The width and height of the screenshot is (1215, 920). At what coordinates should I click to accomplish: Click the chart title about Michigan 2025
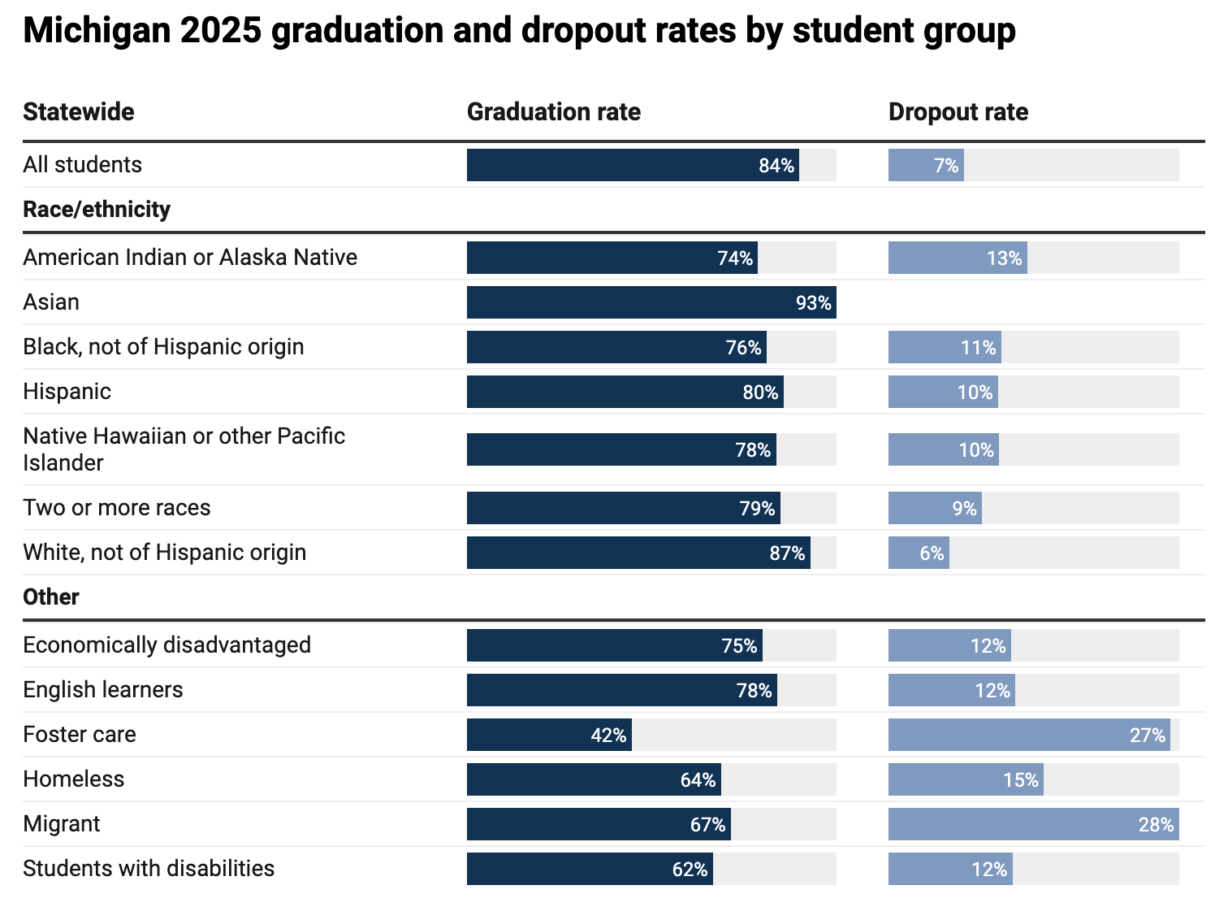(x=519, y=31)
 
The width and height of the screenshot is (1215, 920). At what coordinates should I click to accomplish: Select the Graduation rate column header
(x=553, y=111)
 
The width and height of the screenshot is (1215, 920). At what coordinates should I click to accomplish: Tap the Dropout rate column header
(x=958, y=111)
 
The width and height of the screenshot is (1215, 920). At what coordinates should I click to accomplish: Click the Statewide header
(x=79, y=111)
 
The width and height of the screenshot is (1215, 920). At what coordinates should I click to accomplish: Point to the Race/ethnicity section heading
(x=97, y=210)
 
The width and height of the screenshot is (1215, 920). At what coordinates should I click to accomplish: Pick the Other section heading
(x=51, y=597)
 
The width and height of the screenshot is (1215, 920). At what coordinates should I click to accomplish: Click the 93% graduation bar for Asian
(x=651, y=302)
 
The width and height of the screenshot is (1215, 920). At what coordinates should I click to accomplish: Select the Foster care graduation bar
(x=549, y=735)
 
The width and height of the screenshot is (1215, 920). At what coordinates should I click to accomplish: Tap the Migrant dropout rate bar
(x=1033, y=824)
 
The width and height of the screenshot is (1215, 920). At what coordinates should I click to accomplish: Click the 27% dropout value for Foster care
(x=1147, y=736)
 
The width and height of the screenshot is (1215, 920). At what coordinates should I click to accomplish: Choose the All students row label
(x=82, y=165)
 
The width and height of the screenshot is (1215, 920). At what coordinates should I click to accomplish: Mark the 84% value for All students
(x=776, y=166)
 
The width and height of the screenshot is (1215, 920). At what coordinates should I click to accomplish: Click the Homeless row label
(x=74, y=779)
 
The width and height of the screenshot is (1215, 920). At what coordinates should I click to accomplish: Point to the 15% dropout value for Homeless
(x=1020, y=780)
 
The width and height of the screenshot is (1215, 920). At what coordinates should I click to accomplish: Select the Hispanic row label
(x=67, y=392)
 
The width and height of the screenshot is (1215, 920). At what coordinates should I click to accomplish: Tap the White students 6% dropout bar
(x=919, y=553)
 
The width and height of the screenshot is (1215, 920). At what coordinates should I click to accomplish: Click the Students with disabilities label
(x=149, y=869)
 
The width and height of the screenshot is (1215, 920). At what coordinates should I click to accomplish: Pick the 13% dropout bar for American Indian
(x=958, y=258)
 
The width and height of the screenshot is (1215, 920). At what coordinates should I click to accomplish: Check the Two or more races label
(x=117, y=508)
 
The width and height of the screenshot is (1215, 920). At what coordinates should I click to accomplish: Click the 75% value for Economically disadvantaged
(x=739, y=646)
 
